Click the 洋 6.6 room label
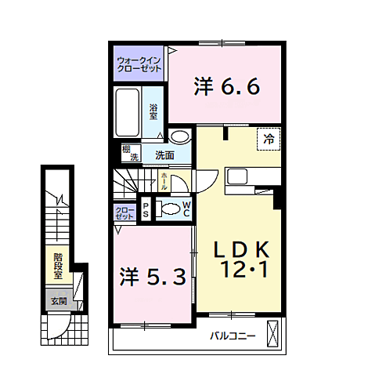225,86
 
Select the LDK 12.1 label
242,260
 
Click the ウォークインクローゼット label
139,64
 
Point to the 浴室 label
154,111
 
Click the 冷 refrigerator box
269,140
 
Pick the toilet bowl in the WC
168,209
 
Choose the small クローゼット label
124,212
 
